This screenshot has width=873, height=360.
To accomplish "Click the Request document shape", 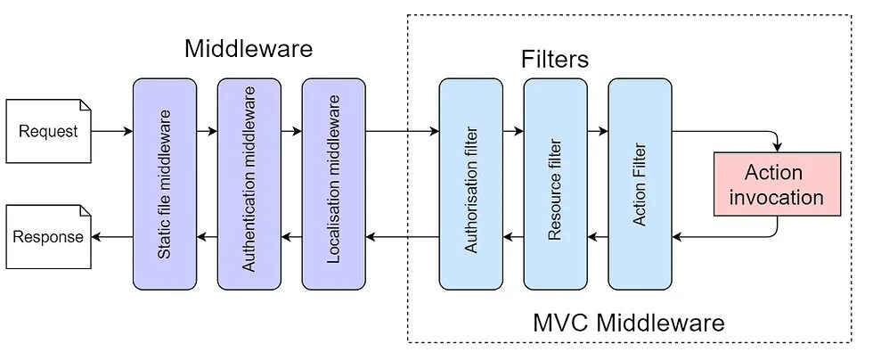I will tap(49, 131).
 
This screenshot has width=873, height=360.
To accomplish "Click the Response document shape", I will tap(49, 237).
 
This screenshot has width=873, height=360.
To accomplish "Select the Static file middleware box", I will tap(165, 184).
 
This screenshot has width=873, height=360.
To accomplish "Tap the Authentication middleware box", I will tap(249, 184).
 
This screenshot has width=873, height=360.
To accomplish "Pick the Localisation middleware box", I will tap(334, 184).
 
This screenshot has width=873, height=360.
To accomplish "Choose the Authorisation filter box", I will tap(471, 184).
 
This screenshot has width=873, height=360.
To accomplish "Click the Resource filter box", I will tap(556, 184).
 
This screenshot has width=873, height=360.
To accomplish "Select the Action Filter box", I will tap(640, 184).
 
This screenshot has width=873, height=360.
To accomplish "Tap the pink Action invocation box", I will tap(777, 184).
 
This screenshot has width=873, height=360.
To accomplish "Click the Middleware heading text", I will tap(249, 48).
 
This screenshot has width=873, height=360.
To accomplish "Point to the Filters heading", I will tap(555, 60).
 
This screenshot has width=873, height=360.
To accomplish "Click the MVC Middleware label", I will tap(629, 322).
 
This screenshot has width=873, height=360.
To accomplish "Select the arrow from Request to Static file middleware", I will tap(112, 131).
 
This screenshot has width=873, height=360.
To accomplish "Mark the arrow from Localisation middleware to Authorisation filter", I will tap(402, 131).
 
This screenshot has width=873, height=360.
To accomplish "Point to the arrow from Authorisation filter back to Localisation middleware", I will tap(402, 237).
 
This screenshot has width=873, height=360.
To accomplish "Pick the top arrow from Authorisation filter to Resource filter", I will tap(513, 131).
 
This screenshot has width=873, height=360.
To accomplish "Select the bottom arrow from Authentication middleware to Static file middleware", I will tap(207, 237).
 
